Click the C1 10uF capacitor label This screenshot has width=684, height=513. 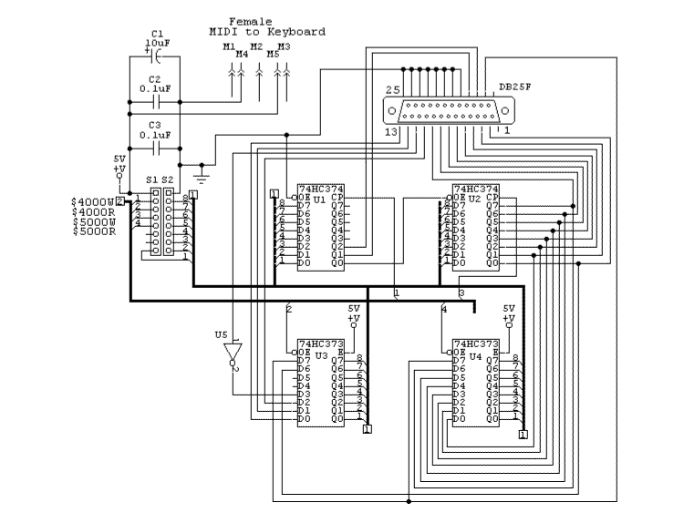click(x=157, y=40)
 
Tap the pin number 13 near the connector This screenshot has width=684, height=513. click(x=392, y=134)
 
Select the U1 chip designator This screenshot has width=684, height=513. click(x=319, y=198)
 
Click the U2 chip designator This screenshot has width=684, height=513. click(x=473, y=198)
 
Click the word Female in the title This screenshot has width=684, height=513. click(x=250, y=21)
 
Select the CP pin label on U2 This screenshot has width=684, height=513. click(x=492, y=197)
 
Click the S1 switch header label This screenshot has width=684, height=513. click(x=152, y=180)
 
